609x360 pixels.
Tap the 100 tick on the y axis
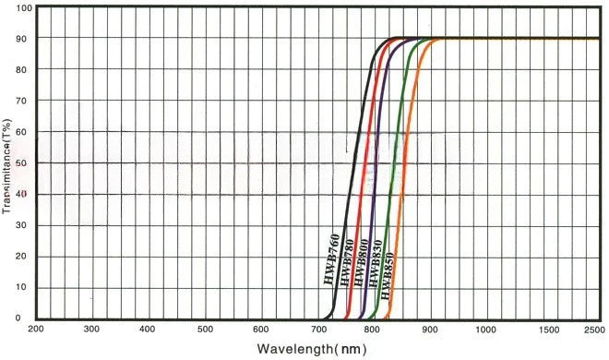[24, 8]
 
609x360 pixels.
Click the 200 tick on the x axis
[36, 329]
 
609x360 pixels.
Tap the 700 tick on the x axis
[318, 329]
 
